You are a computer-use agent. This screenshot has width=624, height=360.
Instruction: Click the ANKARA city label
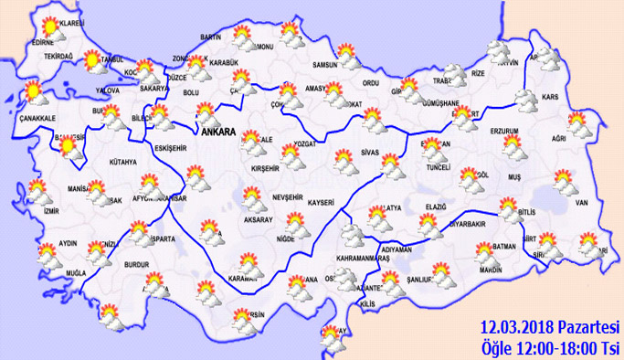[217, 132]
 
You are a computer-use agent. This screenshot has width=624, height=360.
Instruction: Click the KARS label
[551, 97]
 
